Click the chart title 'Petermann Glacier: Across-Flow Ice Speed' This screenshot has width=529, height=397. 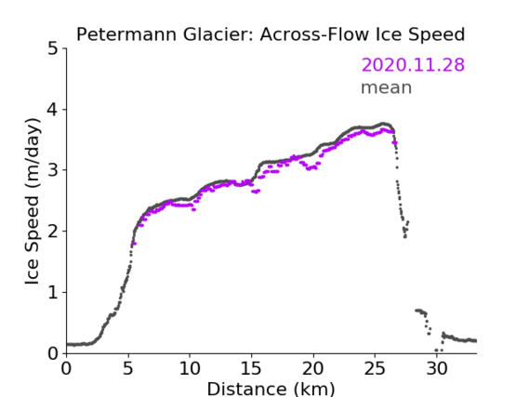coord(271,34)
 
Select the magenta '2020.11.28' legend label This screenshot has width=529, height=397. coord(413,64)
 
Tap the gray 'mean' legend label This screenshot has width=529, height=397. coord(387,87)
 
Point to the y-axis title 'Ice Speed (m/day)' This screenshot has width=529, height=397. coord(33,202)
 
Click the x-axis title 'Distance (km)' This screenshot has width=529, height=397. coord(271,389)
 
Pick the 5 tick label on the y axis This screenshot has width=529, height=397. coord(53,49)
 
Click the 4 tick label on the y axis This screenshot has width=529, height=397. coord(53,110)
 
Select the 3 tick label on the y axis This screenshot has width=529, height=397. coord(53,170)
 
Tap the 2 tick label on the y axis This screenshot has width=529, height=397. coord(53,232)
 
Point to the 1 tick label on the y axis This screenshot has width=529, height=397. coord(53,292)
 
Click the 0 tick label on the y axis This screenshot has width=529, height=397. coord(53,353)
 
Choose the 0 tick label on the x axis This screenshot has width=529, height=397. coord(66,368)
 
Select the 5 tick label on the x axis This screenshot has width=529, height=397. coord(128,368)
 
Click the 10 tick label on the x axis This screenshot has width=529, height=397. coord(190,368)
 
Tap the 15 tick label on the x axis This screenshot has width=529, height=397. coord(251,368)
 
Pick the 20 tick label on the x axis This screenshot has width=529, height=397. coord(313,368)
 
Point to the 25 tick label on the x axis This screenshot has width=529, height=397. coord(375,368)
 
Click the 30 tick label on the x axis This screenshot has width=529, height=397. coord(437,368)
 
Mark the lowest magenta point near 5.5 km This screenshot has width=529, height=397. coord(134,244)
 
